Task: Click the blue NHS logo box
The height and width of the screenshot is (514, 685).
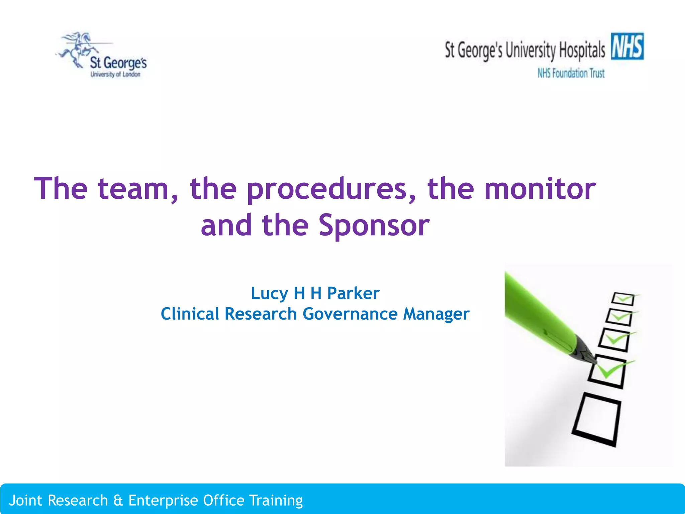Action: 627,46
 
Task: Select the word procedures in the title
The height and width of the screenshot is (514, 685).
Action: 331,189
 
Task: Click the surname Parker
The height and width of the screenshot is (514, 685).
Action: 353,293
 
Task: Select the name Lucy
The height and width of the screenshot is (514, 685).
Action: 269,294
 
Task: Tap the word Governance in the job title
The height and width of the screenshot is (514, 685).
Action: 350,314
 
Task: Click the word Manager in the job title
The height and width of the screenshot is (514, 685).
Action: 436,314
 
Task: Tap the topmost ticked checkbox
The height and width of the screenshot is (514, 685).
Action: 623,299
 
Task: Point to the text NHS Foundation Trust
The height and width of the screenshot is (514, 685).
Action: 571,73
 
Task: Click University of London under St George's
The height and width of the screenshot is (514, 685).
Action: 115,74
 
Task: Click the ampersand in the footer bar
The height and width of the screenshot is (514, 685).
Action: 118,500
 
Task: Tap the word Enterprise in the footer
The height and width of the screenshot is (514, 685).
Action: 163,501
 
